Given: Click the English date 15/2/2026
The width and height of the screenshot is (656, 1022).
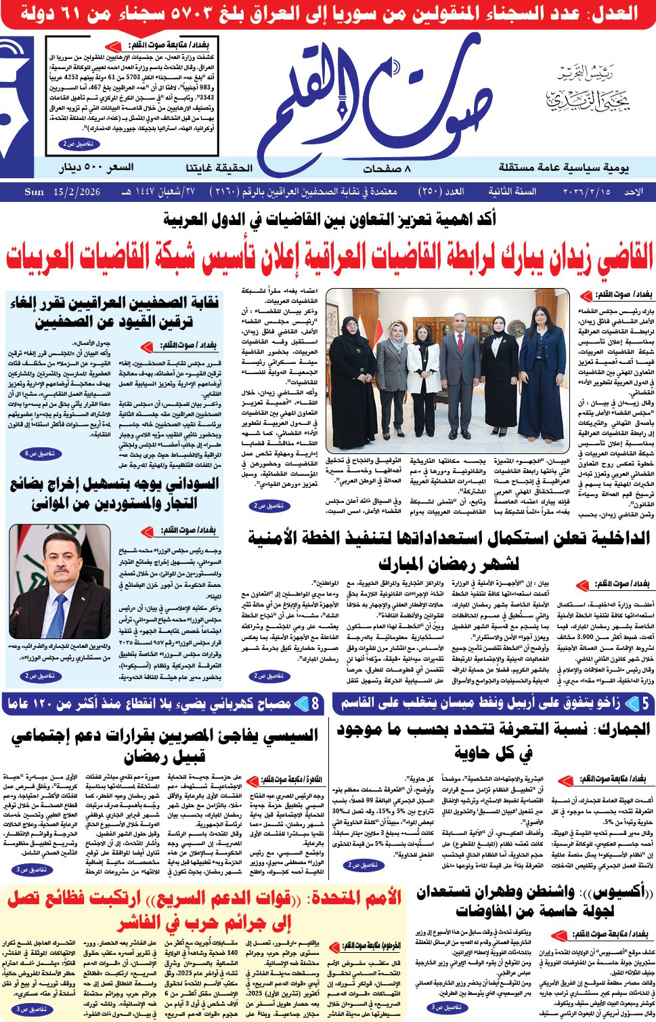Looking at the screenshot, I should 76,192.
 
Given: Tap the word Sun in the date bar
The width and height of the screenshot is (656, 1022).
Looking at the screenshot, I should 34,192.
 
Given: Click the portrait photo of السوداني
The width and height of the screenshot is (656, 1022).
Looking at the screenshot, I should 60,581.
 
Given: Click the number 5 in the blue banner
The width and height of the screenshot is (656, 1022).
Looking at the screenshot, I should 645,703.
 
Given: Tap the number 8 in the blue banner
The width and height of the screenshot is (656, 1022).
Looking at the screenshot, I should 315,703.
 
